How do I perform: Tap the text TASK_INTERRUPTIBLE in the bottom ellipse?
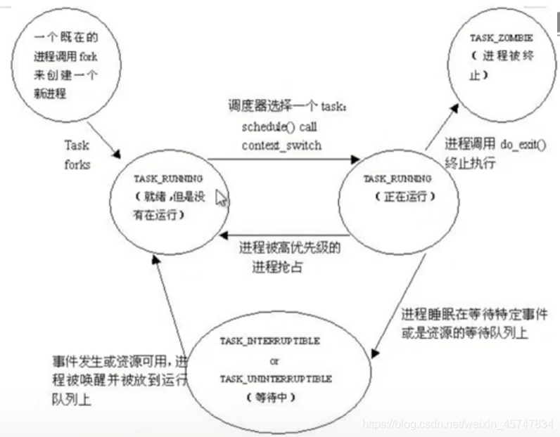coord(270,341)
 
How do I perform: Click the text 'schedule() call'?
coord(279,129)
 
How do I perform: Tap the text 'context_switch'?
coord(281,145)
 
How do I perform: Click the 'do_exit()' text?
coord(523,143)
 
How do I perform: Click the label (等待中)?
coord(269,398)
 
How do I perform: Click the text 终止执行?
coord(470,162)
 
